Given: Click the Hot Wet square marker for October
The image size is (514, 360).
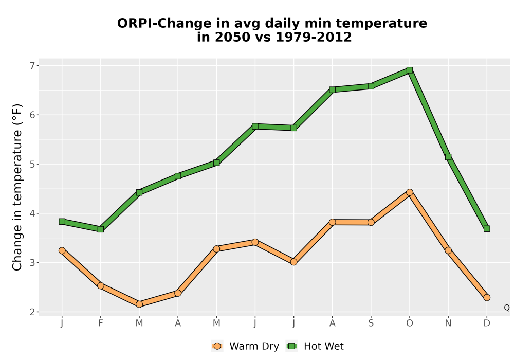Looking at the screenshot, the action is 410,70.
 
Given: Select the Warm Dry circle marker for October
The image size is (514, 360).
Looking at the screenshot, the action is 410,192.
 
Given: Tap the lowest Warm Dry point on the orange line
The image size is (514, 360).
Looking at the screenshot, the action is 139,304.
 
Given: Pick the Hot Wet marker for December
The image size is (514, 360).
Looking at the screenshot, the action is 487,228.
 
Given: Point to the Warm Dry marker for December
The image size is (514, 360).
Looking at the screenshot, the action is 487,298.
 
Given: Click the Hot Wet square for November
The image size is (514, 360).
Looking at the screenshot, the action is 448,157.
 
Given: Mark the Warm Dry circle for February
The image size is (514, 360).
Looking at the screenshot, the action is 101,285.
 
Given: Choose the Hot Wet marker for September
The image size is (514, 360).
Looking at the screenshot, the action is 371,86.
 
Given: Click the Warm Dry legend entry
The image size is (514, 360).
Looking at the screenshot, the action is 245,346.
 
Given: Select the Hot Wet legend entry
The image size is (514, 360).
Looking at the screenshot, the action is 315,346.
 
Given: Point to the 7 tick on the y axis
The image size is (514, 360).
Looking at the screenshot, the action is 32,66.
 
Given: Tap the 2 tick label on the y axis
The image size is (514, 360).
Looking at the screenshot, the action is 32,312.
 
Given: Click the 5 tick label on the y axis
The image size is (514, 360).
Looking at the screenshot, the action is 32,164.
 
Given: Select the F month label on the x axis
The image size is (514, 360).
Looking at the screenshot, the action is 101,323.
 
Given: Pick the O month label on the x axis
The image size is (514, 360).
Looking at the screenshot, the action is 410,323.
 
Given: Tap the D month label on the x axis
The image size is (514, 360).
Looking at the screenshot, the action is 487,323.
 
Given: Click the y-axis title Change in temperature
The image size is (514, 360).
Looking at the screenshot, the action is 17,187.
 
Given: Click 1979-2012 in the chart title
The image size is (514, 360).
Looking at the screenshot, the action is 314,37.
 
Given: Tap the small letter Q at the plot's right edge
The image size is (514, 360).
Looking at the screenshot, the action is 507,308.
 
